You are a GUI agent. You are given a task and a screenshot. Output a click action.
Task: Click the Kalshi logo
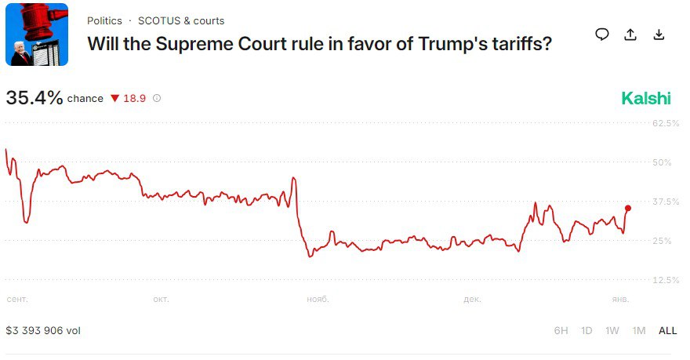point(646,98)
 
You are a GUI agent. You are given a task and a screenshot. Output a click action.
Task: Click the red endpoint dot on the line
point(627,208)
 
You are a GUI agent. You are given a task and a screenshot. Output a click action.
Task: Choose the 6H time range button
point(561,330)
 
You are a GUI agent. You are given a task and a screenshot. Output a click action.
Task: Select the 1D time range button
point(586,330)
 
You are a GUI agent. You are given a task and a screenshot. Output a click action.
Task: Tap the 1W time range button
point(612,330)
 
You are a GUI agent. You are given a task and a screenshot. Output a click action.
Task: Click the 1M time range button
point(639,330)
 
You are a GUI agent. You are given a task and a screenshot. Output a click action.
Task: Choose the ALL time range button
point(667,330)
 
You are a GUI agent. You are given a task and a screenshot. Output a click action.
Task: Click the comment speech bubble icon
point(601,35)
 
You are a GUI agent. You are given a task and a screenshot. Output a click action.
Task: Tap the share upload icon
point(630,35)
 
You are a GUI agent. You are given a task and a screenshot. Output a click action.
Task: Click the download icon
point(659,35)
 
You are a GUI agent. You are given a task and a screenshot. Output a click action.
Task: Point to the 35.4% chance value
point(34,98)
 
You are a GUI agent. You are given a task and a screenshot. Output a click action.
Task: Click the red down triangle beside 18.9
point(114,99)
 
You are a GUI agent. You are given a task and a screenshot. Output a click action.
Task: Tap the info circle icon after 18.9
point(157,99)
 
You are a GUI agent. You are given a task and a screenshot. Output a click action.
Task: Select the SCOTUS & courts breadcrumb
point(181,20)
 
